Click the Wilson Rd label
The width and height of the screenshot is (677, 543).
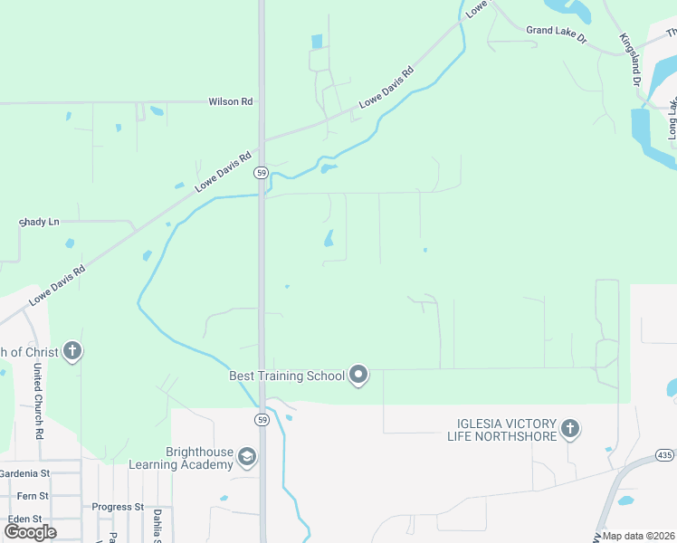(x=230, y=102)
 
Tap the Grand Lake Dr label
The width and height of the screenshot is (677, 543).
(x=557, y=30)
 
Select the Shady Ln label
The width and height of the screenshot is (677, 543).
(x=39, y=222)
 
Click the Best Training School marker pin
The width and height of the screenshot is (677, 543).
(x=359, y=375)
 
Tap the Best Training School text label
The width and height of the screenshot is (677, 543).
(x=287, y=376)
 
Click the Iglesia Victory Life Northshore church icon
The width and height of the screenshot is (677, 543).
(x=569, y=427)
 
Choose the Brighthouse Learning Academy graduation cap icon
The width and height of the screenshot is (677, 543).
(x=246, y=458)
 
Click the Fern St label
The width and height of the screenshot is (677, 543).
(x=33, y=496)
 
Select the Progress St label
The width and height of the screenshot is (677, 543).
(x=118, y=508)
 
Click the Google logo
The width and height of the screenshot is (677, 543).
(x=31, y=531)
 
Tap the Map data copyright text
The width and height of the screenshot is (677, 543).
(x=637, y=536)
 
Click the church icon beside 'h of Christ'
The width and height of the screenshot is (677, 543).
(x=72, y=352)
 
